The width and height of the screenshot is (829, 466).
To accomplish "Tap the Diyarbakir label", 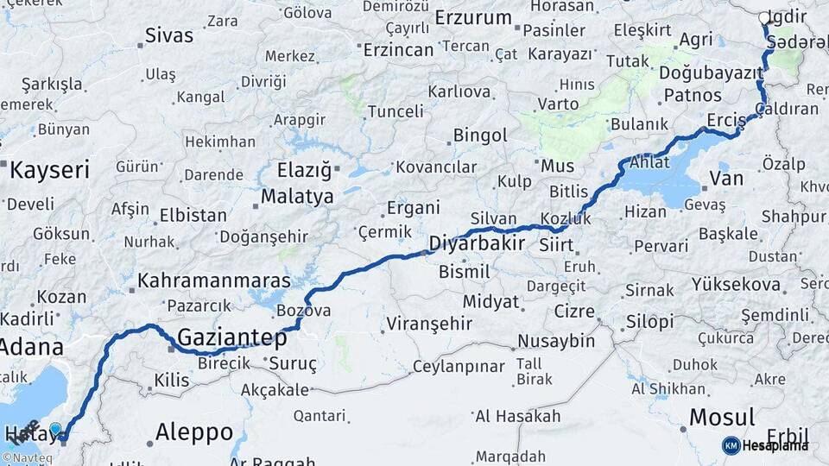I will [477, 242].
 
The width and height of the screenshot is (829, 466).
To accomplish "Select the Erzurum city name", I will [473, 16].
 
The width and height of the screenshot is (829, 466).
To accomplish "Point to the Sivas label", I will [169, 35].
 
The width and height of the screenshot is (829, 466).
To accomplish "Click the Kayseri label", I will [49, 170].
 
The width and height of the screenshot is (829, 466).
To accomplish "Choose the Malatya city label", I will [297, 197].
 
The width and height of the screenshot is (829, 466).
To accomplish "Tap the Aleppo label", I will [194, 432].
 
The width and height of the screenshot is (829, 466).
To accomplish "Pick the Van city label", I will [725, 179].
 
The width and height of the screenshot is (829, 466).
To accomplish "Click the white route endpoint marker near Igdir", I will [764, 17].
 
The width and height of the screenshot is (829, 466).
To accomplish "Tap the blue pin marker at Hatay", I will [56, 429].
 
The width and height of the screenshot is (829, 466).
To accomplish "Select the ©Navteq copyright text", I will [28, 458].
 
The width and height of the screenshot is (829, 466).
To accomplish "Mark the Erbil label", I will [787, 437].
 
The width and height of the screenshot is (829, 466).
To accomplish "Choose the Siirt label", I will [556, 247].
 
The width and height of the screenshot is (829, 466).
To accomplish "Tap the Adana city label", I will [31, 348].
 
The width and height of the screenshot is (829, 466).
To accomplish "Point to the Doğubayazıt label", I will [707, 72].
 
